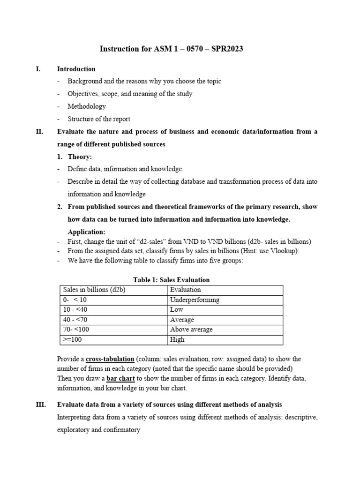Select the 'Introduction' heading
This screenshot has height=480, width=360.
(x=76, y=69)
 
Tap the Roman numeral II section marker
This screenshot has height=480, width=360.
(x=39, y=132)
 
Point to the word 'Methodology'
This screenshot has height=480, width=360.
(x=87, y=106)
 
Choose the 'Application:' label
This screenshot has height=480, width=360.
(x=86, y=232)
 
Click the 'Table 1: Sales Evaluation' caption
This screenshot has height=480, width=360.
(x=172, y=280)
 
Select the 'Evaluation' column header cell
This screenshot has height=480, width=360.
(x=186, y=290)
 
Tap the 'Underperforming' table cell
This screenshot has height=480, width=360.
(x=195, y=300)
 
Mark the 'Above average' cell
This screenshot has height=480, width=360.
(x=191, y=330)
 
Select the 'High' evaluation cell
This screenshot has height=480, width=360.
(x=178, y=340)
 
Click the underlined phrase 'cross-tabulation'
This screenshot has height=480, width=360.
(x=110, y=359)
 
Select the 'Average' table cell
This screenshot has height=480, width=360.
(x=182, y=320)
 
